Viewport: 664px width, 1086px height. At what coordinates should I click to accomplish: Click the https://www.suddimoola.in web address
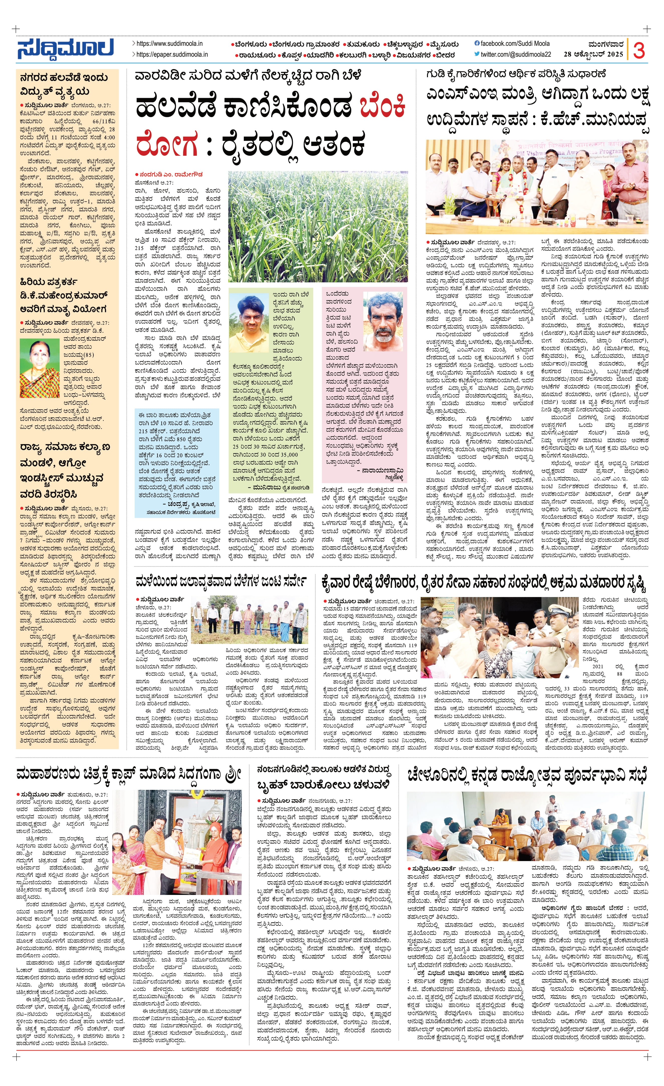click(170, 44)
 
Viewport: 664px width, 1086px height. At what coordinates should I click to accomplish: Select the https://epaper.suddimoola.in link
click(172, 55)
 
